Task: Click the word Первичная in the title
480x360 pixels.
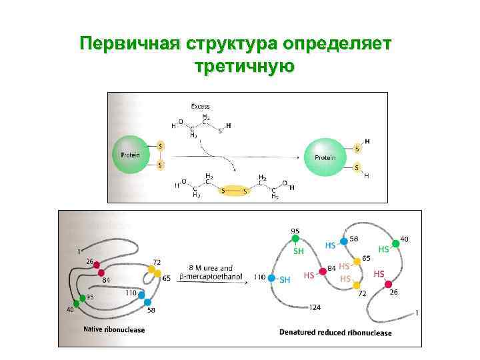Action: point(124,45)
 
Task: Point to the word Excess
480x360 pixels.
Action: point(200,106)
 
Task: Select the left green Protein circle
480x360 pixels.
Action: point(131,155)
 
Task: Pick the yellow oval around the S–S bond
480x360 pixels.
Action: point(235,191)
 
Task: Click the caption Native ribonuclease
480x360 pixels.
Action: point(114,329)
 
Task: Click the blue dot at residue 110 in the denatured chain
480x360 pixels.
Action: point(272,278)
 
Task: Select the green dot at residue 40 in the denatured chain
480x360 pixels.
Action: point(395,243)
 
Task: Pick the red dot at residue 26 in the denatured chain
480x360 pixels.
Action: point(389,285)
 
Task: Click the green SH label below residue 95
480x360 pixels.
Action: point(299,251)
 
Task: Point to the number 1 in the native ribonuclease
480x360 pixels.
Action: point(79,251)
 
